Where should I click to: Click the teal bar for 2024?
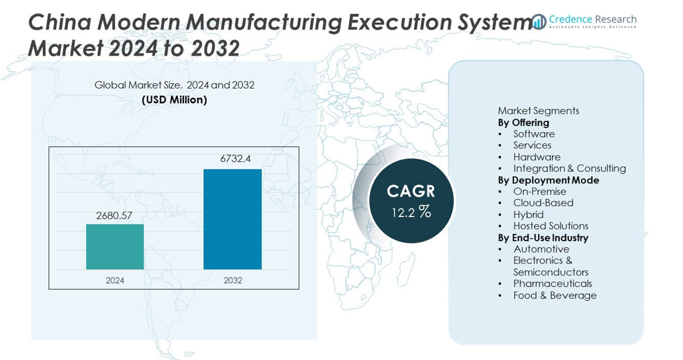(115, 247)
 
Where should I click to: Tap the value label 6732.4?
(235, 159)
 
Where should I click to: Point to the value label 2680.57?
(114, 215)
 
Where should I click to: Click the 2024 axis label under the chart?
(115, 280)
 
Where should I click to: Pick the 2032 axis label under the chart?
(233, 280)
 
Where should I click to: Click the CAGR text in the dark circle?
(411, 191)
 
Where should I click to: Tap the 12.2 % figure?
(411, 212)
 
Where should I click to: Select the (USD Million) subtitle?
(174, 99)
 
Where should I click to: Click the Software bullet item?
(533, 134)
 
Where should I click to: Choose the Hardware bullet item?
(536, 157)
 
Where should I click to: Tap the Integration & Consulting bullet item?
(569, 168)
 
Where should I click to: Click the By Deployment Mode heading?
(548, 180)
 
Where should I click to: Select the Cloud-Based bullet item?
(543, 203)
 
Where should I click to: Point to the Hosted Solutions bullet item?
(550, 226)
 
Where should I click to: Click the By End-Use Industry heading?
(542, 238)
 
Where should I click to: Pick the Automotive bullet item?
(541, 249)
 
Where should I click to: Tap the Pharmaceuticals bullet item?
(552, 283)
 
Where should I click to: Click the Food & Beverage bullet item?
(554, 295)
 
